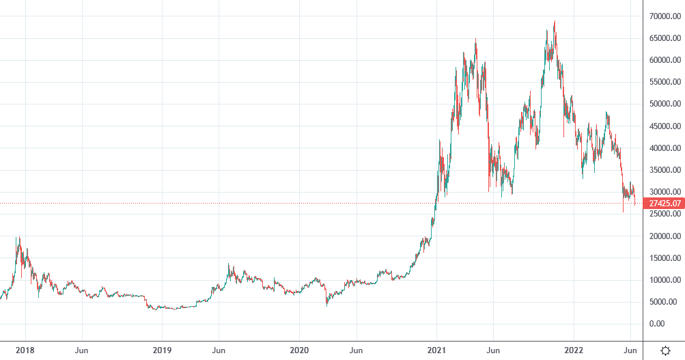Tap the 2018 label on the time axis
(26, 350)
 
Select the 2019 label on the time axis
(162, 350)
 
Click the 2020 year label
(299, 350)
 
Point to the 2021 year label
(436, 350)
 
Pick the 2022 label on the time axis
(574, 350)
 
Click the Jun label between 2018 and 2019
(81, 350)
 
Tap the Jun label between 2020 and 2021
(356, 350)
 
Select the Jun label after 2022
(630, 350)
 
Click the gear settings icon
(665, 350)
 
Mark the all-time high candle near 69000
(555, 23)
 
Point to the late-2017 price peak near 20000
(18, 238)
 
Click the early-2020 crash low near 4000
(326, 305)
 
